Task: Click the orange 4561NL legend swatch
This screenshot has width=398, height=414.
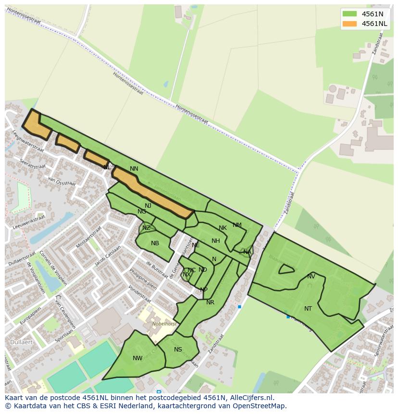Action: [x=349, y=24]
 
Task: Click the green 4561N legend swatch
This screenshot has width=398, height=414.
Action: [x=349, y=14]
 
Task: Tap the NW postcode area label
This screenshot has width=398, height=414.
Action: [x=137, y=358]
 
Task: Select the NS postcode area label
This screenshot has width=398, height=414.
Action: [x=178, y=350]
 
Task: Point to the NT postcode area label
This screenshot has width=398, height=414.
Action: [x=308, y=309]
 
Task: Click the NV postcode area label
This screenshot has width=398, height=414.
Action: [x=311, y=276]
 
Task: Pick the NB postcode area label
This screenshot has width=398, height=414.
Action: [x=155, y=243]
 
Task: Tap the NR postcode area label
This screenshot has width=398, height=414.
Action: [x=210, y=302]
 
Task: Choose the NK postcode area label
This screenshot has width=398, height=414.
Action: [x=223, y=228]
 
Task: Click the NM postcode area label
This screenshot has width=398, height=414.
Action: [x=237, y=225]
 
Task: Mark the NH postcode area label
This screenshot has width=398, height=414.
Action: [x=216, y=241]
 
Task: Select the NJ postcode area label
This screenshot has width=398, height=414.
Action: [x=148, y=206]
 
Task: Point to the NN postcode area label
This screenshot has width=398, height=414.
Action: [x=134, y=169]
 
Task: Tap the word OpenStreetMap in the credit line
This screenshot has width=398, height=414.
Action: [x=259, y=406]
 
